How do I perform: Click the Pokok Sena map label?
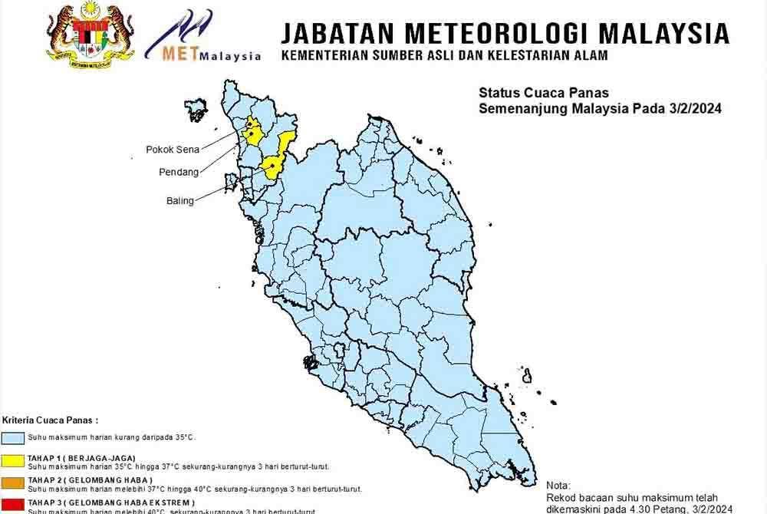[170, 150]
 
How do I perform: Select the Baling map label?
[179, 200]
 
